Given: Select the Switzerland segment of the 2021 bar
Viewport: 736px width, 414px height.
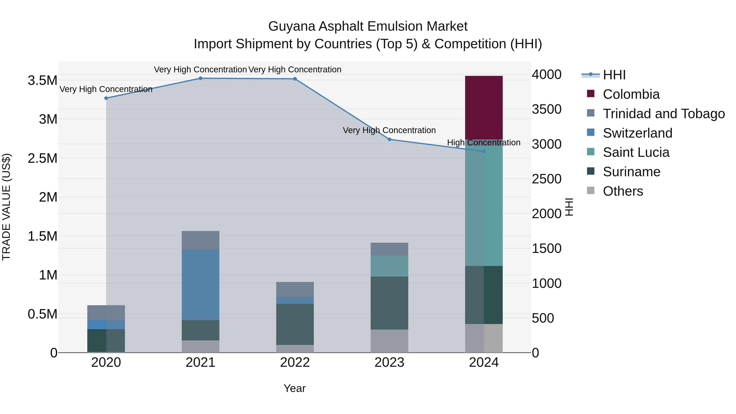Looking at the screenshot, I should [x=200, y=285].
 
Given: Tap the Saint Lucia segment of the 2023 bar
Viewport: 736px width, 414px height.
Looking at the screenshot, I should [x=389, y=266].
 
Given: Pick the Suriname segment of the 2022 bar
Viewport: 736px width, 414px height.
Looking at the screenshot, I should [x=295, y=324].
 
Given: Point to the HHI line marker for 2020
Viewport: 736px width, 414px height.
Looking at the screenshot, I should [x=106, y=98].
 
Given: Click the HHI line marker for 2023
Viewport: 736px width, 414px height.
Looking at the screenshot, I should [x=389, y=139].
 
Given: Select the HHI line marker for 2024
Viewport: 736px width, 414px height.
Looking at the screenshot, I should [x=484, y=151].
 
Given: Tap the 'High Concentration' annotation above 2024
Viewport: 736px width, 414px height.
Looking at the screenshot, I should [x=484, y=142].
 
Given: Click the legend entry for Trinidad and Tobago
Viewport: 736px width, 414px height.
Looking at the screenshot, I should [x=663, y=113].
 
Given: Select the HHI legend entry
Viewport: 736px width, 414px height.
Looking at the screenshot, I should [x=614, y=75].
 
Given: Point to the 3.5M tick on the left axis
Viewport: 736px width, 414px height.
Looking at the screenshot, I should [x=42, y=81].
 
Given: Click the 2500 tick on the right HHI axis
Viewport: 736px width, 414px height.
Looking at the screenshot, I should [x=546, y=179].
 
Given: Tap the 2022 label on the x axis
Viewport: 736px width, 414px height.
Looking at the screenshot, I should [x=295, y=362].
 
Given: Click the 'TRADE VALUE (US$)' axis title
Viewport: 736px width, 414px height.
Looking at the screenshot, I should [x=6, y=207].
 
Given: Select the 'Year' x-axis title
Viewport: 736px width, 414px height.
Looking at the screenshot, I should [x=295, y=388].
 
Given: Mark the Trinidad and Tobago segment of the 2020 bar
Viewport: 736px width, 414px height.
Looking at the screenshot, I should [x=106, y=313].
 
